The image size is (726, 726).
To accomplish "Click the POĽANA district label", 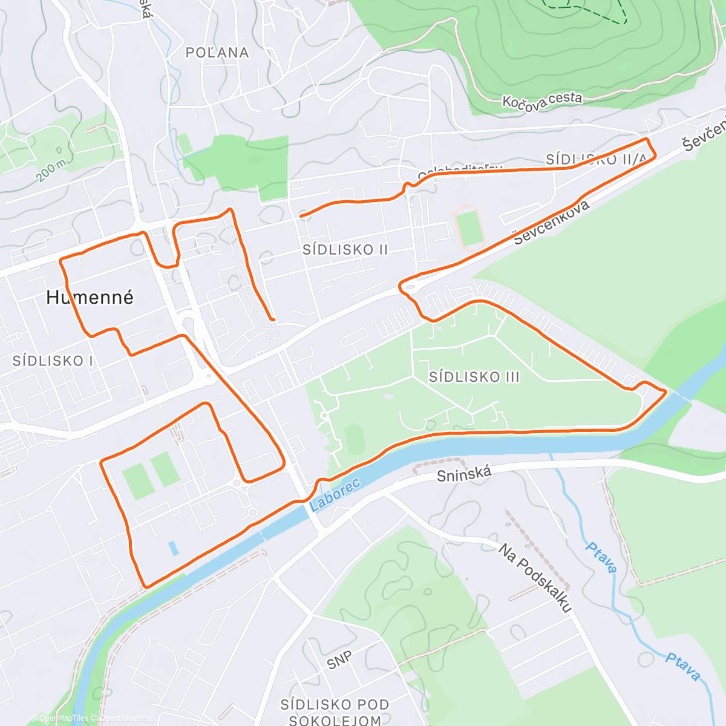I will tap(217, 53).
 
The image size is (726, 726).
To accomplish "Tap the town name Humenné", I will tap(90, 297).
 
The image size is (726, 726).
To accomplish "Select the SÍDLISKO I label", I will tap(53, 361).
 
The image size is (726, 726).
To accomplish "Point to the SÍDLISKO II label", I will tap(345, 249).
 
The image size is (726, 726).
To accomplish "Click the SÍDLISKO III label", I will tap(474, 377).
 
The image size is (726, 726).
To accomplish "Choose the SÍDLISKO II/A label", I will tap(596, 159).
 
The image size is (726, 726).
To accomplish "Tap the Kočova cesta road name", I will tap(542, 100).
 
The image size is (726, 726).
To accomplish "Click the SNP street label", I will tap(339, 661).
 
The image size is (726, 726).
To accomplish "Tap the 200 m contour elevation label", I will tap(51, 170).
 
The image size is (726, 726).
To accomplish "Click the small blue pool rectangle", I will tap(174, 548).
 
